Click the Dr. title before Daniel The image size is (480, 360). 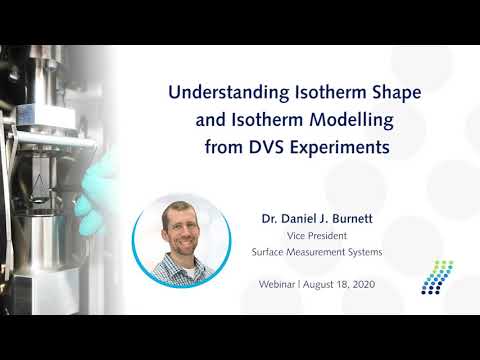[x=269, y=213]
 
